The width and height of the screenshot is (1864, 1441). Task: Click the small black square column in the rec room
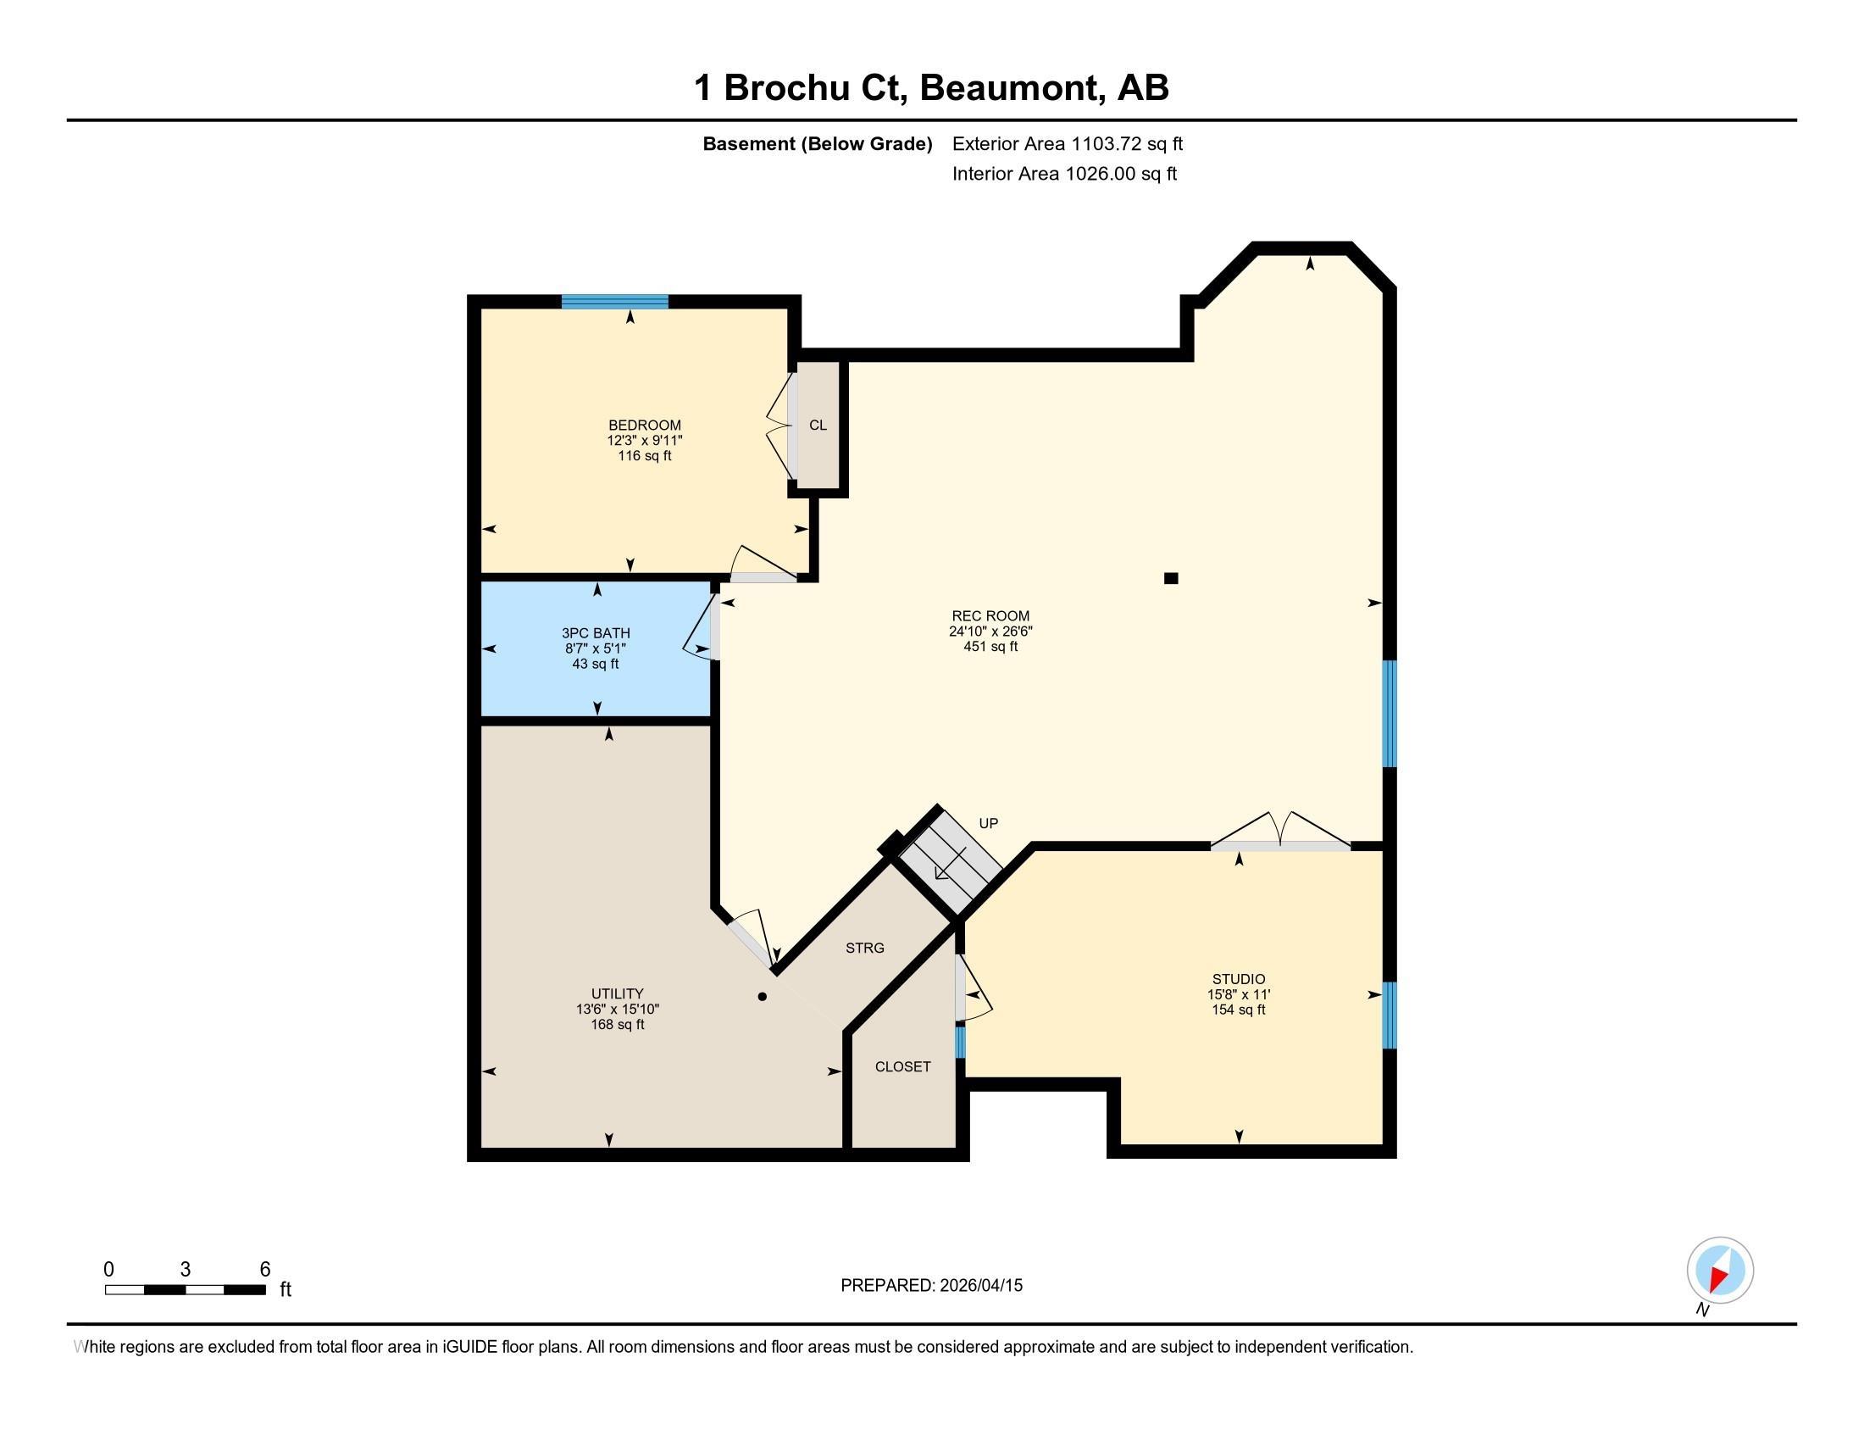tap(1171, 578)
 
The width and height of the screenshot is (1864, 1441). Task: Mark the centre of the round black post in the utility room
tap(763, 996)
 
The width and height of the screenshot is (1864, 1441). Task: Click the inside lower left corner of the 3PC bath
tap(481, 716)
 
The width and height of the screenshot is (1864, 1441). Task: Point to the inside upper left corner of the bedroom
tap(481, 309)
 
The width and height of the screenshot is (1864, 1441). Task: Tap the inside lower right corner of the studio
tap(1383, 1144)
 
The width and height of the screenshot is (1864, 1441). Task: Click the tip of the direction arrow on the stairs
tap(936, 877)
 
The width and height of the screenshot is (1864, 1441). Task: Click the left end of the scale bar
tap(105, 1289)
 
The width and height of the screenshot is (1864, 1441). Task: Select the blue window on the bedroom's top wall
tap(614, 302)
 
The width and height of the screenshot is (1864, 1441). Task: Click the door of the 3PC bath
tap(702, 627)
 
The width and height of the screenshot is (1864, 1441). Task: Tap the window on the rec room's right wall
tap(1390, 714)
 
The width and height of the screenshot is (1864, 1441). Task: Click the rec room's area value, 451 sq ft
tap(991, 646)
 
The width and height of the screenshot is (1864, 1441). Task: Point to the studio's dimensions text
tap(1240, 994)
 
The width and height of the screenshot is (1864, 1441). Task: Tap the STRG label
tap(864, 948)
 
